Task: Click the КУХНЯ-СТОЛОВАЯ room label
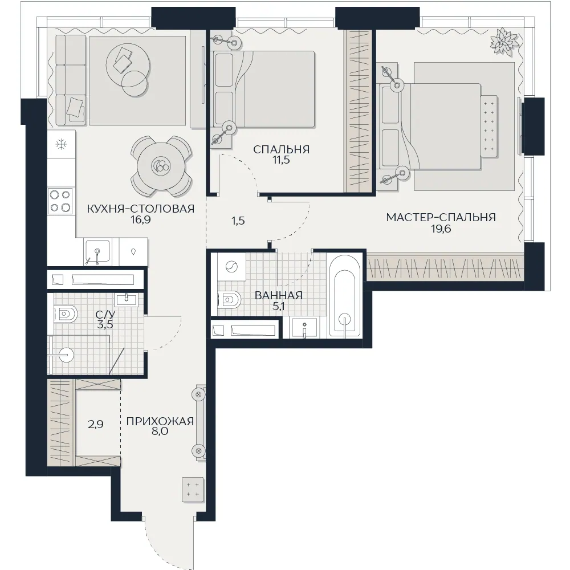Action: pyautogui.click(x=141, y=209)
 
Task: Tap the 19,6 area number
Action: pyautogui.click(x=441, y=229)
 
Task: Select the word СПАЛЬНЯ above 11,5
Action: pyautogui.click(x=282, y=149)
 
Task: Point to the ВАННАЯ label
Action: pyautogui.click(x=279, y=295)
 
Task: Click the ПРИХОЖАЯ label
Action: pyautogui.click(x=160, y=421)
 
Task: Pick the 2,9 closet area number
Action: pyautogui.click(x=96, y=424)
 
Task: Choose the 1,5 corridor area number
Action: pyautogui.click(x=238, y=221)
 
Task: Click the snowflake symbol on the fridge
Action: pyautogui.click(x=61, y=144)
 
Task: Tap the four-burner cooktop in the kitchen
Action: pyautogui.click(x=60, y=201)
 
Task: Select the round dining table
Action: pyautogui.click(x=161, y=166)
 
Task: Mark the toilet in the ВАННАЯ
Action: pyautogui.click(x=229, y=300)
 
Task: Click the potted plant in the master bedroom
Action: pyautogui.click(x=504, y=42)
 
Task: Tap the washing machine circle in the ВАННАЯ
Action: pyautogui.click(x=231, y=267)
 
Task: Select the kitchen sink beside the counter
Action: pyautogui.click(x=97, y=251)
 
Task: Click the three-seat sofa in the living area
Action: pyautogui.click(x=71, y=80)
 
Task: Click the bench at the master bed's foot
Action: pyautogui.click(x=489, y=126)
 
